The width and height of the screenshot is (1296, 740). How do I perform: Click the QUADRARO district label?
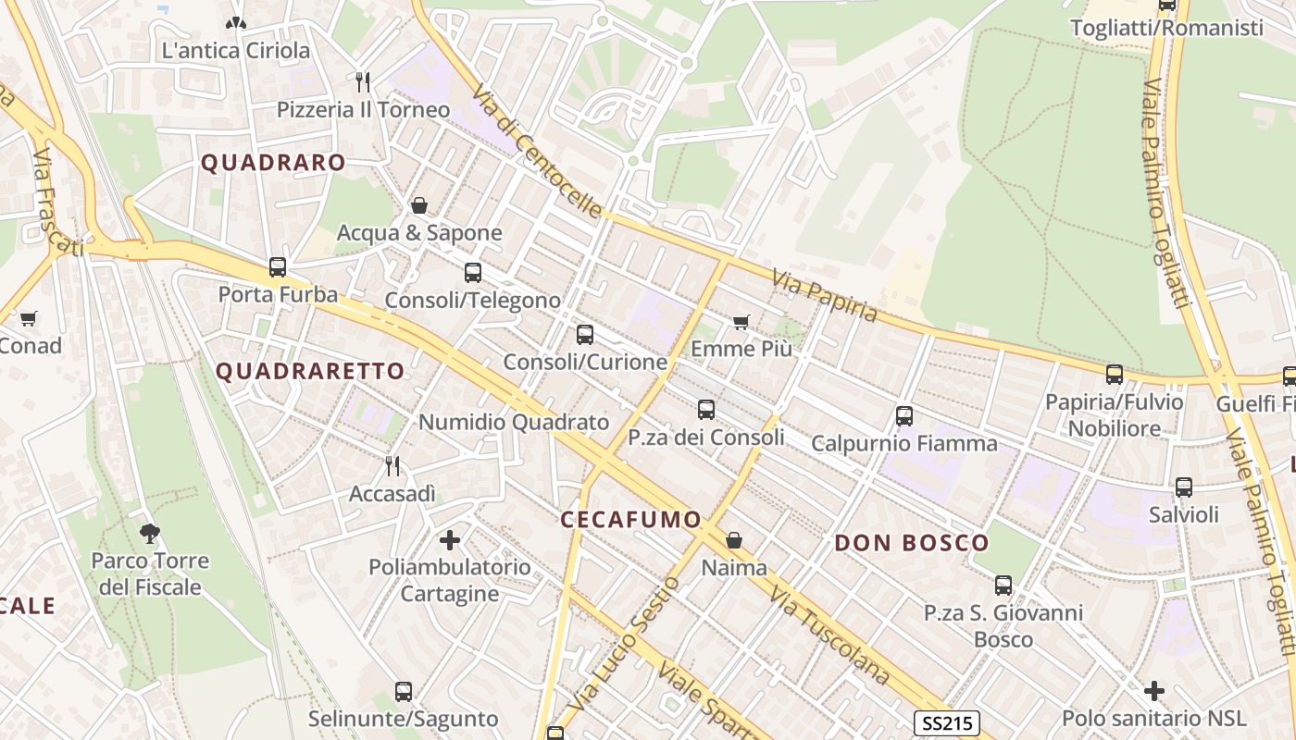[x=273, y=163]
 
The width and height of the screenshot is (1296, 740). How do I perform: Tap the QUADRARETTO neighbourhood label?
[x=310, y=372]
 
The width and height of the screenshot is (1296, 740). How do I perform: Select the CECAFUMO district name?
[x=630, y=520]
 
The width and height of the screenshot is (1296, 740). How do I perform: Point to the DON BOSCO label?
[x=912, y=543]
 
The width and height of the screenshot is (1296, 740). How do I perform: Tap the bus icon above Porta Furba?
[x=277, y=267]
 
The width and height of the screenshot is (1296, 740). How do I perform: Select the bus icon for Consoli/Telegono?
[x=473, y=273]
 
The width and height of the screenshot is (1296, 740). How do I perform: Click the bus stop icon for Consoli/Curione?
[x=584, y=335]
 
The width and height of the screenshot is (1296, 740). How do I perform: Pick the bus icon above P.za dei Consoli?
[x=706, y=409]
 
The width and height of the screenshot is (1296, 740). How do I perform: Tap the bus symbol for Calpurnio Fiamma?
[x=904, y=416]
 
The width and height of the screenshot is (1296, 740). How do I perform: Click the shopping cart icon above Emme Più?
[x=741, y=322]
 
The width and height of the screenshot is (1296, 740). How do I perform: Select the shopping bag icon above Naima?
[x=734, y=539]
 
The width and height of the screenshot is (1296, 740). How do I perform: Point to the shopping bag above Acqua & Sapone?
[x=419, y=205]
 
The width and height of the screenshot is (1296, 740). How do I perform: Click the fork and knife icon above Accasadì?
[x=393, y=465]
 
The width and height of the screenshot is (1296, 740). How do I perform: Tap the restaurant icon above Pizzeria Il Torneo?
[x=363, y=82]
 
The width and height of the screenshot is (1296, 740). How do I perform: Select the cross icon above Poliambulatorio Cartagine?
[x=450, y=539]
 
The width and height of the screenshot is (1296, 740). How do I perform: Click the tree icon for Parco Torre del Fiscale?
[x=149, y=533]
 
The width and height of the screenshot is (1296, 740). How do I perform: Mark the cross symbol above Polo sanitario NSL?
[x=1153, y=691]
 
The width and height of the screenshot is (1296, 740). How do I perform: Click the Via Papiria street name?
[x=824, y=295]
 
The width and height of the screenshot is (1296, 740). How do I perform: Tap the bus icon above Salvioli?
[x=1183, y=487]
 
